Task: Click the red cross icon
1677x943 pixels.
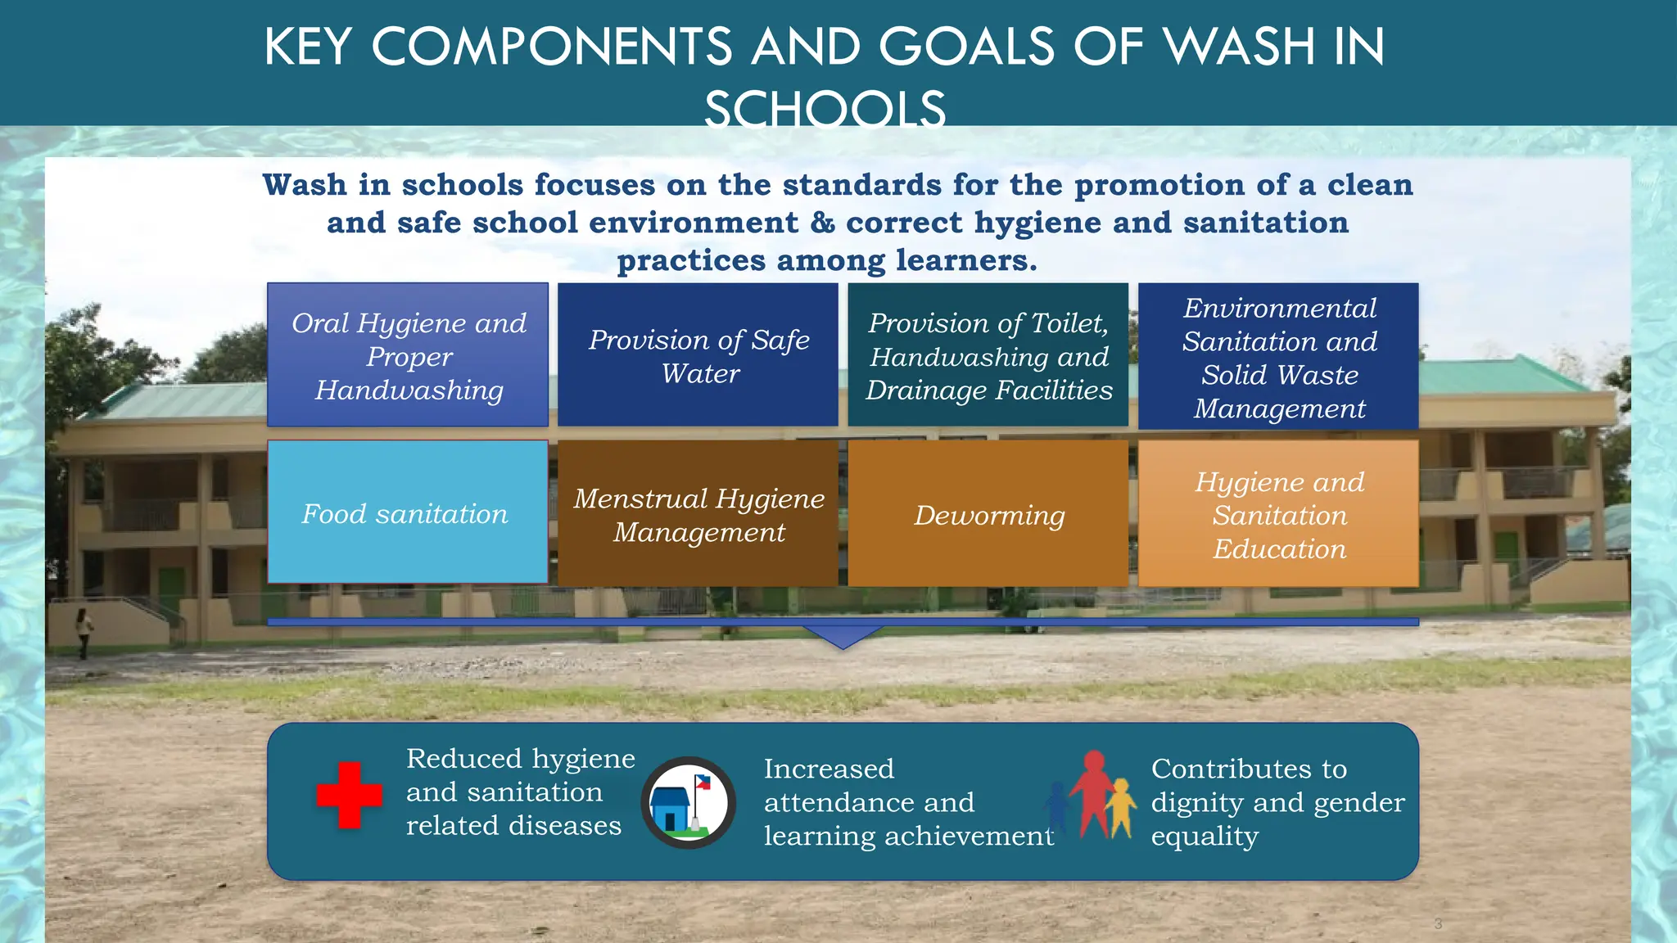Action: pyautogui.click(x=350, y=795)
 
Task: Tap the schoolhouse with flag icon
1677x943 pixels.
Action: pyautogui.click(x=688, y=802)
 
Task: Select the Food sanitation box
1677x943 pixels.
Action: pyautogui.click(x=407, y=512)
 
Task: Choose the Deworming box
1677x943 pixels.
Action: pyautogui.click(x=988, y=514)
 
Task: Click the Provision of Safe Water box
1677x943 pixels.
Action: pyautogui.click(x=698, y=355)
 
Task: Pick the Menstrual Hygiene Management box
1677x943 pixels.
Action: pyautogui.click(x=698, y=514)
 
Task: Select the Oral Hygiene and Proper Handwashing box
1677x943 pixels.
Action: pyautogui.click(x=408, y=355)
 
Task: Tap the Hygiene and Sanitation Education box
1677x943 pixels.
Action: pyautogui.click(x=1278, y=514)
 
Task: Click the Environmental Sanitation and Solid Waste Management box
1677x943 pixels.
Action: pyautogui.click(x=1278, y=357)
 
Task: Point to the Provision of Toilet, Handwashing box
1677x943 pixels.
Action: pyautogui.click(x=988, y=355)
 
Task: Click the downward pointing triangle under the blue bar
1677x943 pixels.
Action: pyautogui.click(x=843, y=637)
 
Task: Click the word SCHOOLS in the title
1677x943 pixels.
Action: pyautogui.click(x=825, y=110)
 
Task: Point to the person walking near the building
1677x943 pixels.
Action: pyautogui.click(x=84, y=632)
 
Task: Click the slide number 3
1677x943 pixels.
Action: pyautogui.click(x=1438, y=924)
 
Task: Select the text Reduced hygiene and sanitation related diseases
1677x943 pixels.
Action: pyautogui.click(x=519, y=792)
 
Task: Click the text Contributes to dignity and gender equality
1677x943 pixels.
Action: pyautogui.click(x=1276, y=802)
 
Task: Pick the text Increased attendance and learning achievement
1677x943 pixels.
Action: pyautogui.click(x=907, y=802)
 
